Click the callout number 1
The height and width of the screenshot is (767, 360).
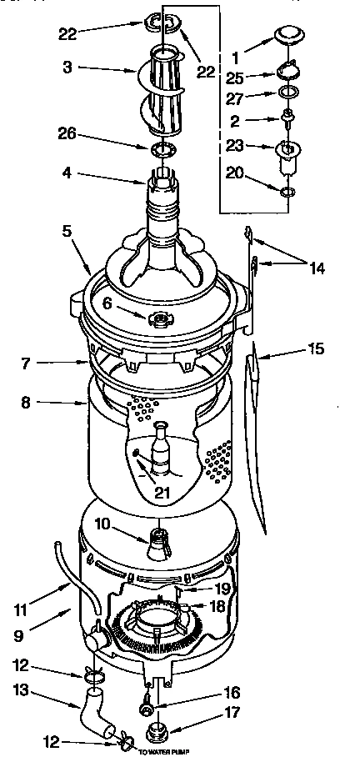pyautogui.click(x=235, y=59)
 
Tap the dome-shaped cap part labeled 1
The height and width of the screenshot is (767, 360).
pyautogui.click(x=287, y=35)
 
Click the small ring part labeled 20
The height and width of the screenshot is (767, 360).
pyautogui.click(x=287, y=193)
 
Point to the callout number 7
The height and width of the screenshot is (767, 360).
pyautogui.click(x=28, y=363)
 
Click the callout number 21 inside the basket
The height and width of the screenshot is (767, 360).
pyautogui.click(x=162, y=493)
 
